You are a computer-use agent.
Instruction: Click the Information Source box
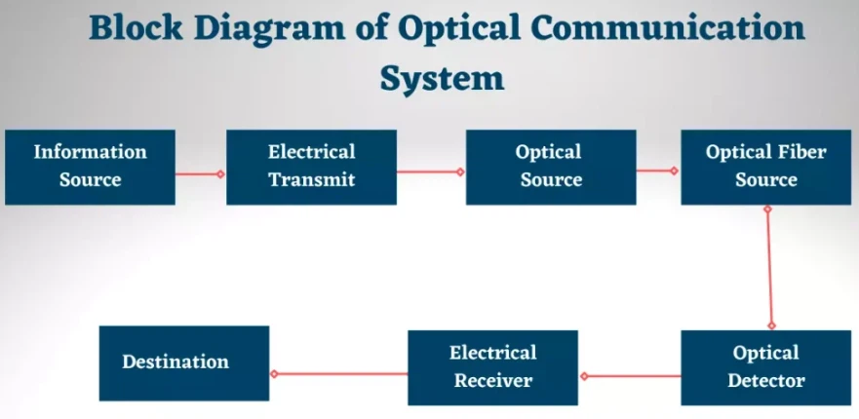[x=90, y=167]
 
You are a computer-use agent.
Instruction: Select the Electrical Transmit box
[x=311, y=167]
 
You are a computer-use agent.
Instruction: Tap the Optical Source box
[x=551, y=167]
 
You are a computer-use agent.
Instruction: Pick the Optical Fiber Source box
[x=765, y=167]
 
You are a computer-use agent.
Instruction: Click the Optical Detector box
[x=765, y=367]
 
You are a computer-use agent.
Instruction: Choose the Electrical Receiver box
[x=493, y=367]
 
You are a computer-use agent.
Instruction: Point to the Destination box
[x=184, y=363]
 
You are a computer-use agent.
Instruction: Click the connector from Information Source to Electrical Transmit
[x=200, y=174]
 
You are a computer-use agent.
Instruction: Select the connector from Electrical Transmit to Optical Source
[x=431, y=171]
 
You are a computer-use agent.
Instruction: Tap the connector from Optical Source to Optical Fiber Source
[x=657, y=171]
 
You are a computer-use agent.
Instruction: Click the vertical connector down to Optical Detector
[x=769, y=267]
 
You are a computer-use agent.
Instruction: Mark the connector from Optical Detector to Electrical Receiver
[x=631, y=376]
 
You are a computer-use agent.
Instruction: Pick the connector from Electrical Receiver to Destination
[x=339, y=374]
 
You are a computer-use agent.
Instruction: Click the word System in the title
[x=442, y=79]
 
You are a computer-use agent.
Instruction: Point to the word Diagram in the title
[x=269, y=28]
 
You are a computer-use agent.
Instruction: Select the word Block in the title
[x=136, y=27]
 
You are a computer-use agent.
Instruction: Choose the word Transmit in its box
[x=312, y=179]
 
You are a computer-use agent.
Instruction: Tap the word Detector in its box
[x=766, y=380]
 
